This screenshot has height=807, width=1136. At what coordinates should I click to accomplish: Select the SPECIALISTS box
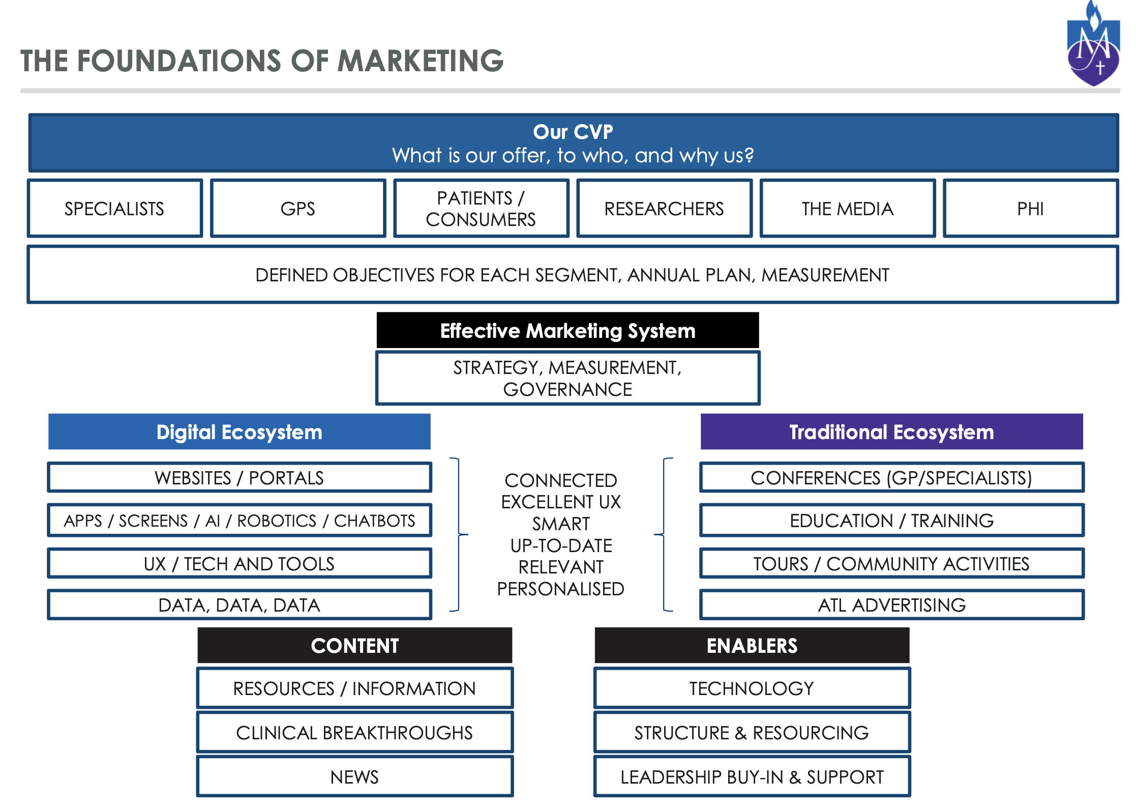tap(115, 208)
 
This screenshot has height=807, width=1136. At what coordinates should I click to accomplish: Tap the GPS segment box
tap(298, 208)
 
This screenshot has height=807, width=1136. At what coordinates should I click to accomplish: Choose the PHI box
tap(1031, 208)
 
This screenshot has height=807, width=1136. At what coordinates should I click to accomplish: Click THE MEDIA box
tap(848, 208)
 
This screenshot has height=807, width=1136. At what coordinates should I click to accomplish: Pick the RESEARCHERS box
tap(664, 208)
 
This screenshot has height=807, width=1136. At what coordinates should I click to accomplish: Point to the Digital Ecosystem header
tap(240, 432)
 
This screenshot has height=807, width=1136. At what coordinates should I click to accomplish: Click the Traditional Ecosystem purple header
tap(892, 432)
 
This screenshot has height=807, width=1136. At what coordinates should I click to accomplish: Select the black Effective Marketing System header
tap(567, 331)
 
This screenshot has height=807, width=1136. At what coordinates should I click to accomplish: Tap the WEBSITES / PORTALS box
tap(240, 477)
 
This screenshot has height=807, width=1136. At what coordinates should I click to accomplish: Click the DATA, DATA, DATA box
tap(240, 604)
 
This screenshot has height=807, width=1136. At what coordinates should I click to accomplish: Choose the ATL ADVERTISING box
tap(892, 604)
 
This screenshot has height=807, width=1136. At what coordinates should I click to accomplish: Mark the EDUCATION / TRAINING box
tap(892, 520)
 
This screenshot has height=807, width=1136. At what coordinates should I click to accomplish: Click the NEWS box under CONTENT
tap(355, 776)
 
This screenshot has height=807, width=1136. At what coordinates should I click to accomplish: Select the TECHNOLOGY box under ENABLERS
tap(752, 688)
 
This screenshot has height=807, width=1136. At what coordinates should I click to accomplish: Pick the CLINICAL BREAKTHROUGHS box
tap(355, 732)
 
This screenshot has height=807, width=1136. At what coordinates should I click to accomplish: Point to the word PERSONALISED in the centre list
tap(561, 589)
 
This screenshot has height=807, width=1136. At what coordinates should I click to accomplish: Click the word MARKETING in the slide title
tap(421, 61)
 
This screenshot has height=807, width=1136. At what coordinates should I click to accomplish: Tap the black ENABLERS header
tap(752, 645)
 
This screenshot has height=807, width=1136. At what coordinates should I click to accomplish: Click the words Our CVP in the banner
tap(573, 132)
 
